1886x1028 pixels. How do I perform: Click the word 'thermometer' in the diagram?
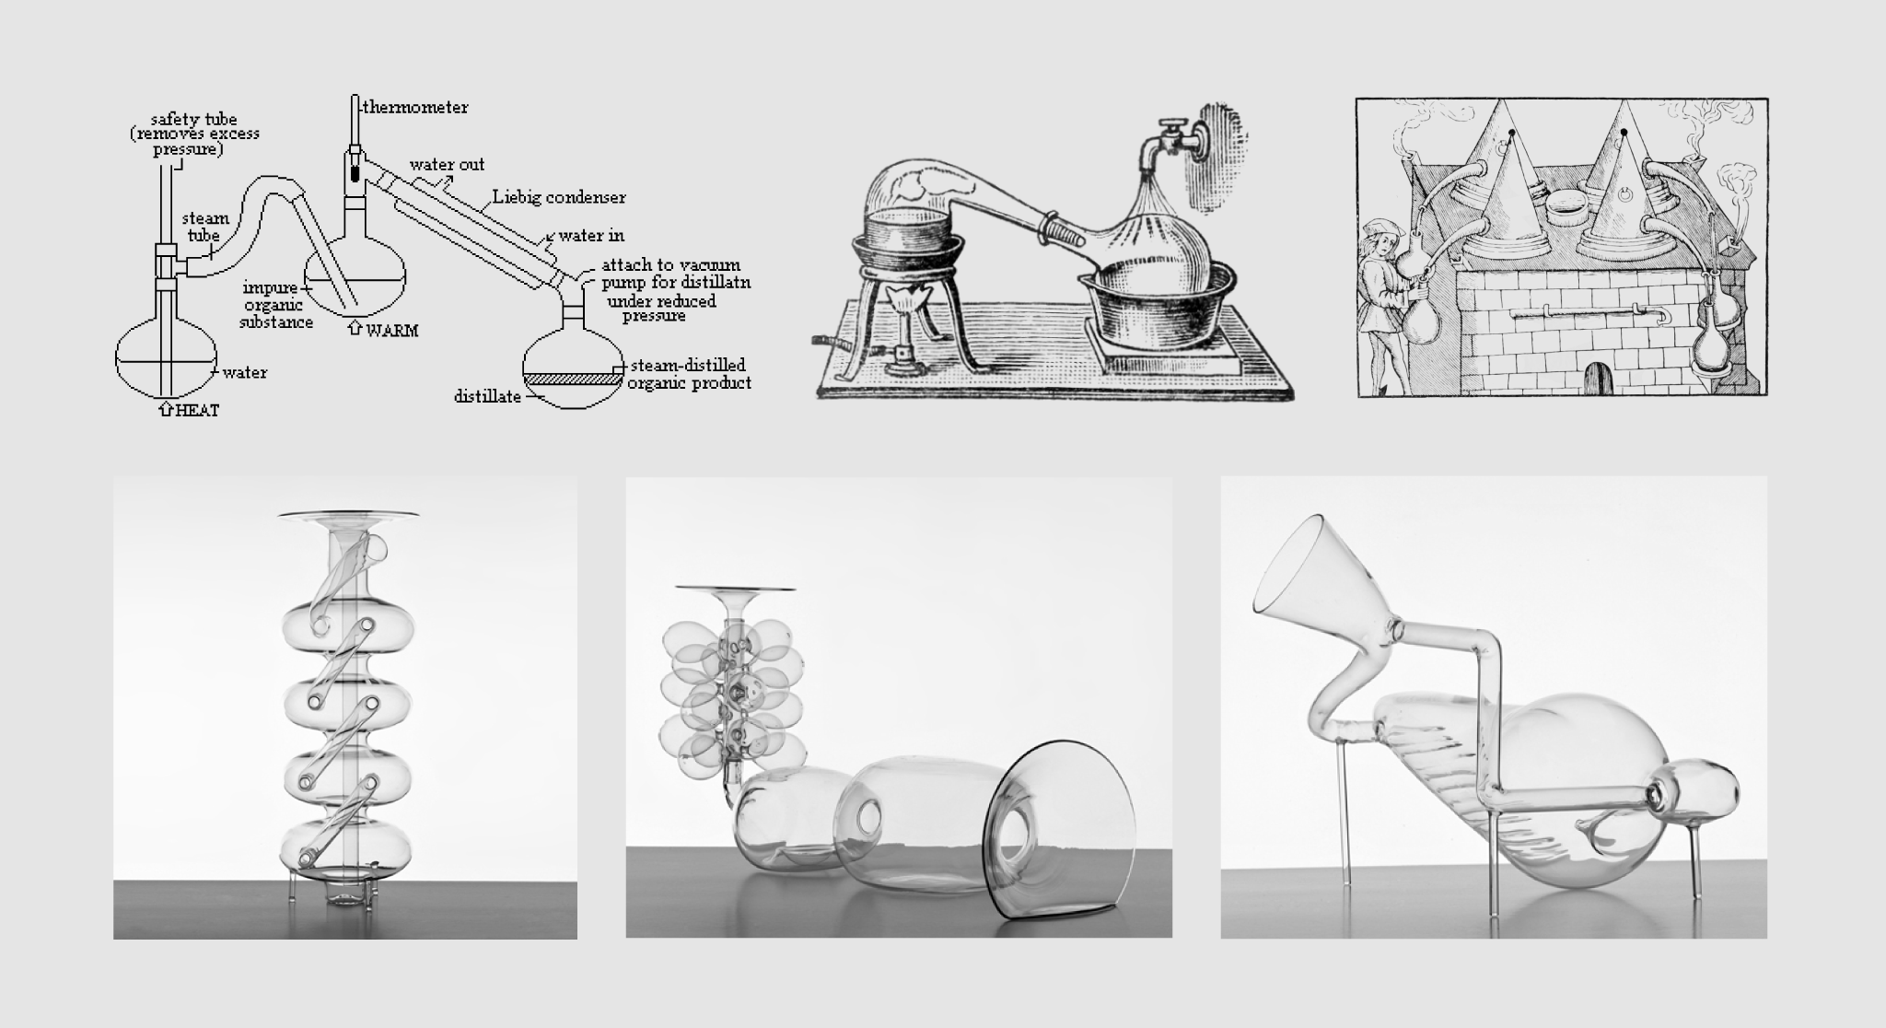[x=414, y=108]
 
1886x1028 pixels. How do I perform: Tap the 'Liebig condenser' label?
[x=559, y=197]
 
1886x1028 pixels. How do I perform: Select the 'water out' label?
[x=448, y=165]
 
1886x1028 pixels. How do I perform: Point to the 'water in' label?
[x=591, y=236]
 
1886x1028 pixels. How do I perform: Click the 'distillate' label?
[x=487, y=397]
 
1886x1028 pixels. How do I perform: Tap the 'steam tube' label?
[x=204, y=227]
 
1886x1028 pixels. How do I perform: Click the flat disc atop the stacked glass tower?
[x=348, y=514]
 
